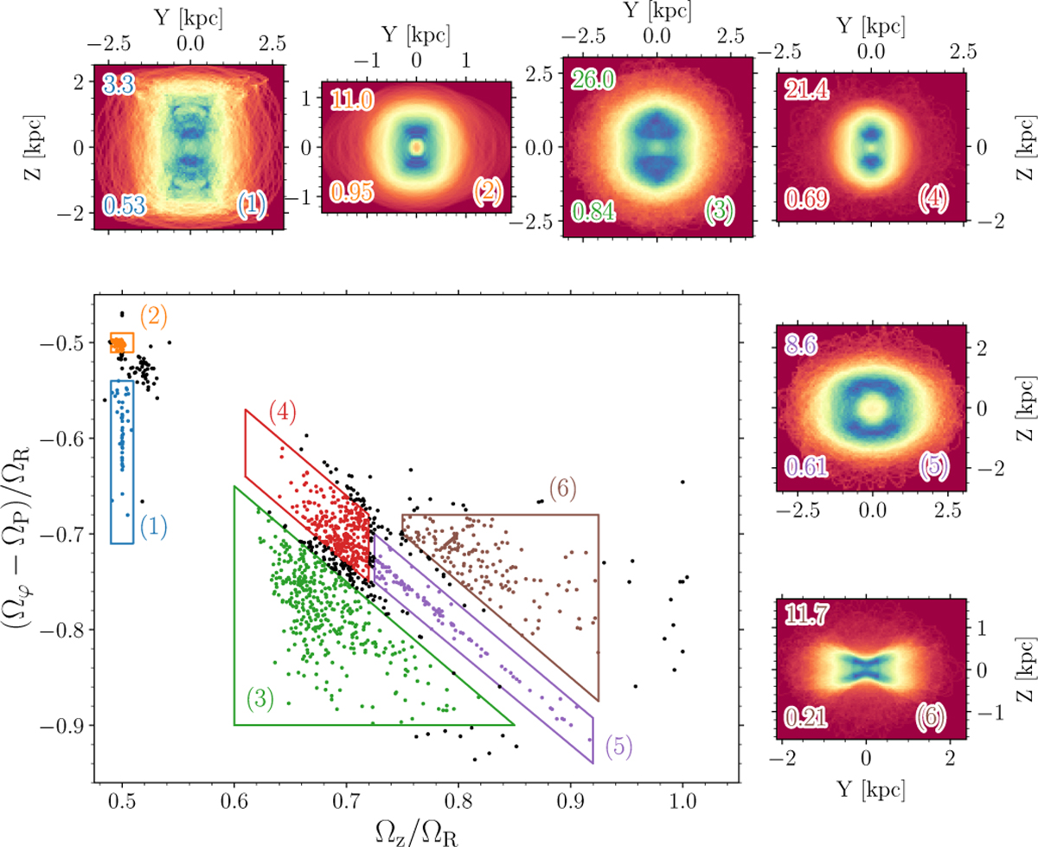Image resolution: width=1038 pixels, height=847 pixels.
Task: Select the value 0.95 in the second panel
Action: pyautogui.click(x=349, y=213)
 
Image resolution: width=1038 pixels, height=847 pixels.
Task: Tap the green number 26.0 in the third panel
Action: pyautogui.click(x=580, y=80)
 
